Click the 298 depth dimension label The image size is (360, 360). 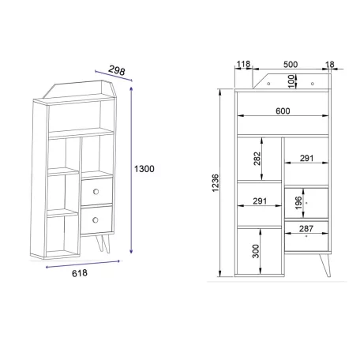pos(117,70)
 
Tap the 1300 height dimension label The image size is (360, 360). pos(144,169)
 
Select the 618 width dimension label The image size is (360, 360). pos(80,273)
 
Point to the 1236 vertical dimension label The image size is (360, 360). pos(216,182)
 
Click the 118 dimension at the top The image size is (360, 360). pos(243,64)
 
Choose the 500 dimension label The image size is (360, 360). pos(291,65)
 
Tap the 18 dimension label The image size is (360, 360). pos(329,65)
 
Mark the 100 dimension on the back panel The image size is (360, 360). pos(291,81)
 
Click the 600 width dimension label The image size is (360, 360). pos(283,111)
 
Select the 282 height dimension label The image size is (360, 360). pos(257,159)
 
